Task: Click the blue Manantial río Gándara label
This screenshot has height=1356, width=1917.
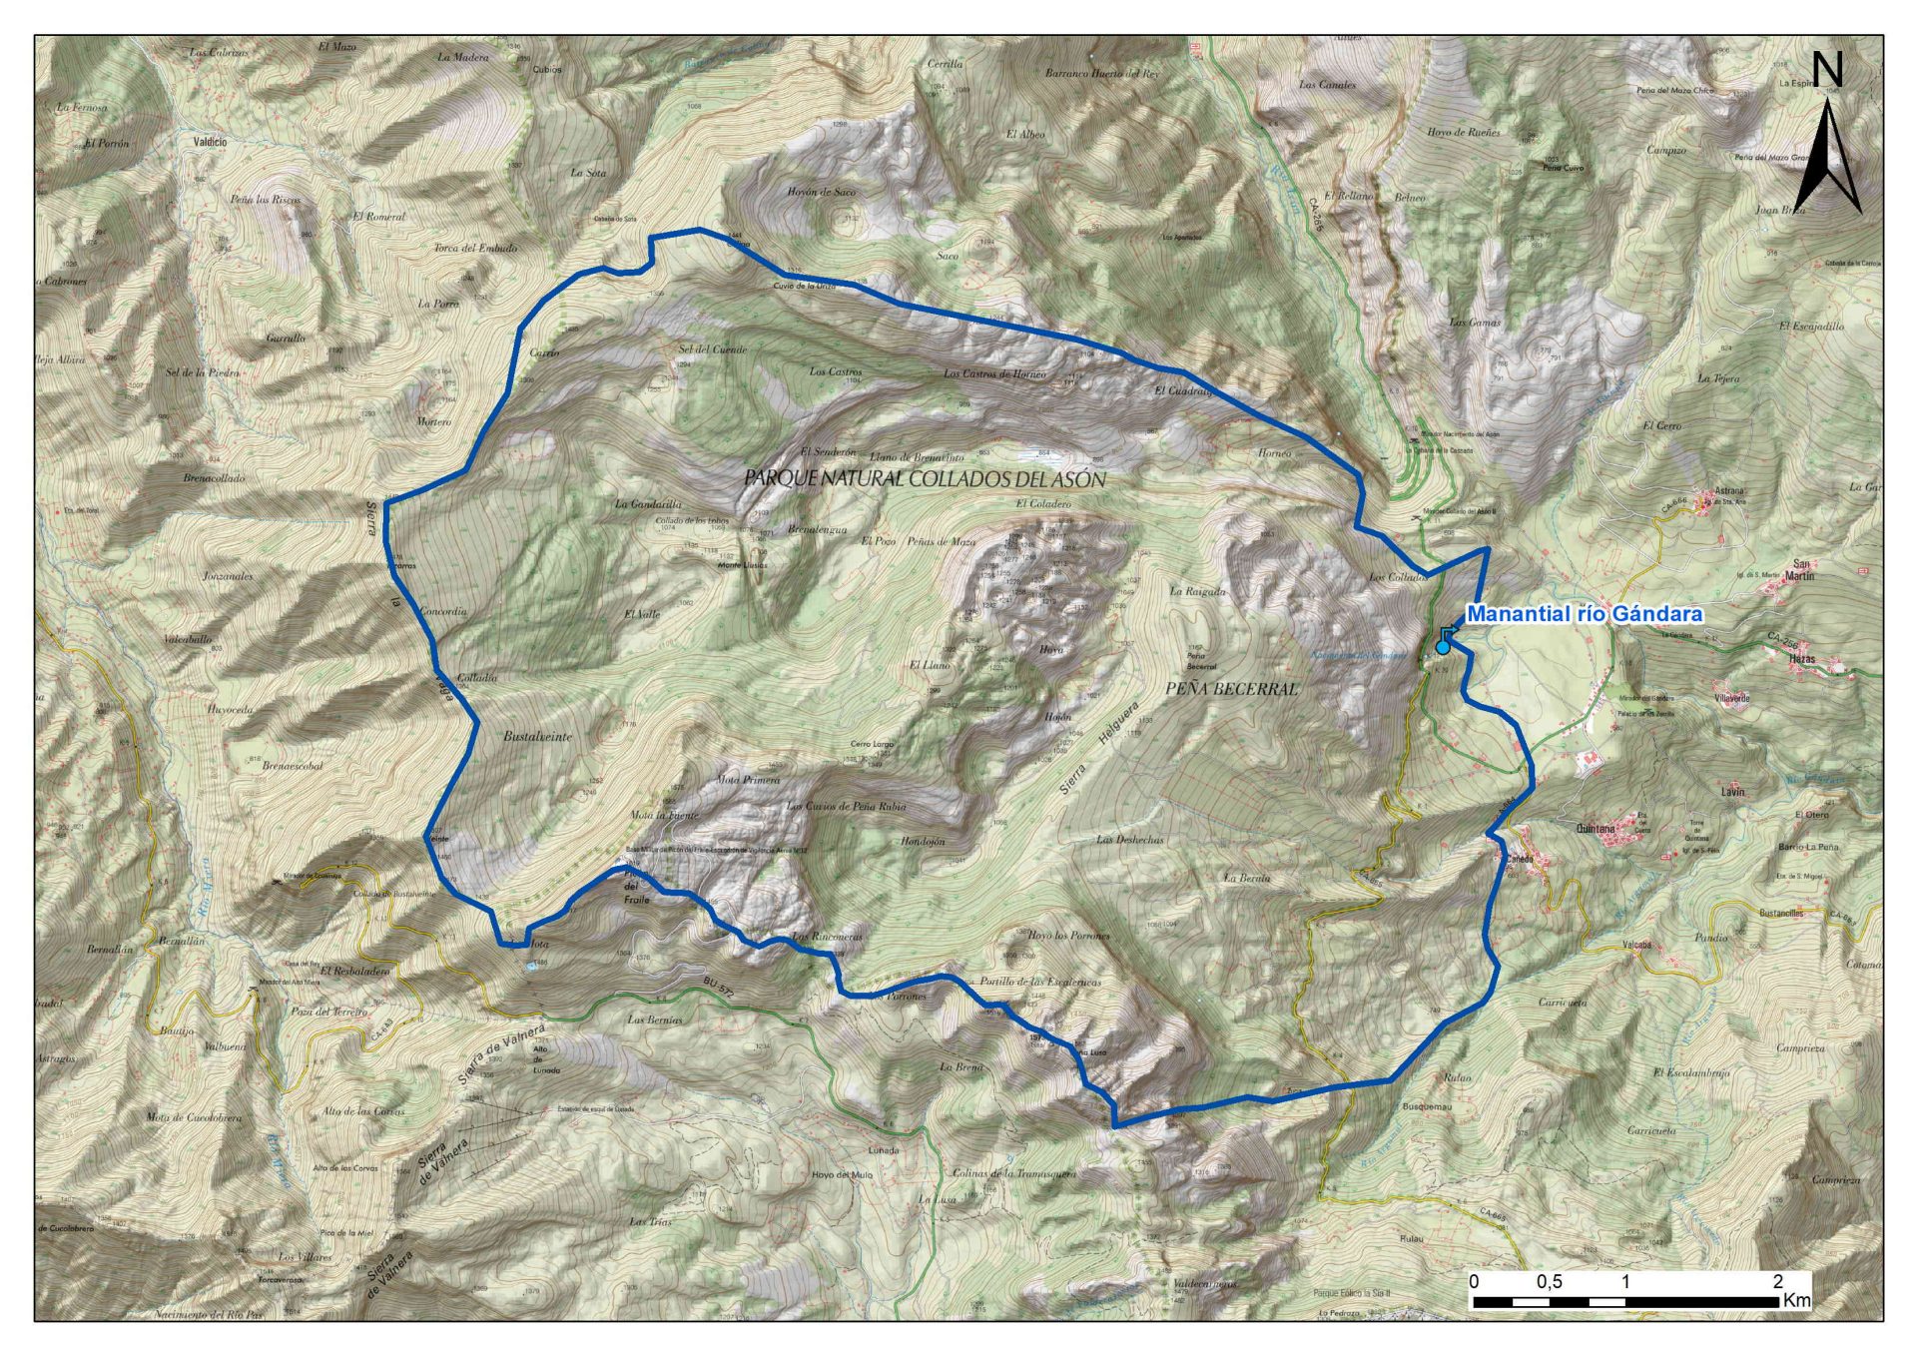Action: [1584, 614]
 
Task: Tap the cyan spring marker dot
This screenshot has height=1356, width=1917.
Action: [1443, 648]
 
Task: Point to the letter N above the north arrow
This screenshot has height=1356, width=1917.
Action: [1827, 70]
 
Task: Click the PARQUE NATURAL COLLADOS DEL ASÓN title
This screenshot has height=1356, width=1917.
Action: [925, 479]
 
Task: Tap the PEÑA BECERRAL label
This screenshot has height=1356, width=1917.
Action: [1232, 689]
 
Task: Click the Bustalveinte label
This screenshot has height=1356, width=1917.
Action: [538, 737]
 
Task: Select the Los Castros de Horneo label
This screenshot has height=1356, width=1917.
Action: [994, 374]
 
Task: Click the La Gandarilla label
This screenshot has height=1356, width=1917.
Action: [649, 504]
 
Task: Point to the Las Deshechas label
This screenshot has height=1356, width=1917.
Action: [1130, 840]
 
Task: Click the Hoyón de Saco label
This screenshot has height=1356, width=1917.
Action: [821, 192]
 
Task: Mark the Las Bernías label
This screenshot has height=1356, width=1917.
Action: [655, 1020]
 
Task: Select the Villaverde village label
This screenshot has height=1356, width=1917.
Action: [1731, 698]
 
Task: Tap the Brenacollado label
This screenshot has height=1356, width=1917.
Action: [214, 478]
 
